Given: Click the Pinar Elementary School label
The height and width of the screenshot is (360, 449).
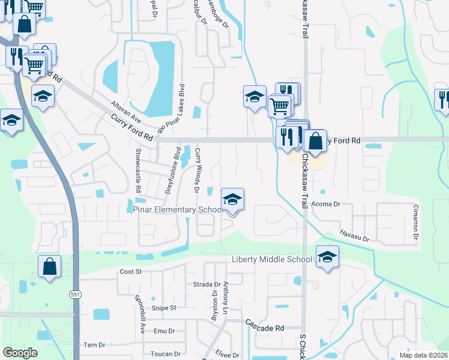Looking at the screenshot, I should pyautogui.click(x=178, y=209).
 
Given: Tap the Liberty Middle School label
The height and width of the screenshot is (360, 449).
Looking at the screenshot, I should pyautogui.click(x=272, y=259).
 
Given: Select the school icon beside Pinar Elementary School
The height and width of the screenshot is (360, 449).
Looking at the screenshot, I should pyautogui.click(x=232, y=200).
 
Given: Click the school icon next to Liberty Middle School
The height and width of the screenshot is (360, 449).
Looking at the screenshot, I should pyautogui.click(x=327, y=257).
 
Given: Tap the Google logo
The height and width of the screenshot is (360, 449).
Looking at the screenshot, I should pyautogui.click(x=20, y=353).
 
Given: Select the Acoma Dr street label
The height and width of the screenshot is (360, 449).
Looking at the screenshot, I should pyautogui.click(x=326, y=204).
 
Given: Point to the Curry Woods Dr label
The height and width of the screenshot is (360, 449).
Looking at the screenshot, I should pyautogui.click(x=196, y=171).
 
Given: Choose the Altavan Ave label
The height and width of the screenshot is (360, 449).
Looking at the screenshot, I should pyautogui.click(x=125, y=112).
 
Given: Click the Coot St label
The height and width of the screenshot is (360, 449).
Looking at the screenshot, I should pyautogui.click(x=130, y=271).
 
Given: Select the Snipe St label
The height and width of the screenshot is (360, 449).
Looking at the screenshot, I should pyautogui.click(x=163, y=308).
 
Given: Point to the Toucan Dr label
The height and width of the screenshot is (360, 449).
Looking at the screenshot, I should pyautogui.click(x=163, y=354).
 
